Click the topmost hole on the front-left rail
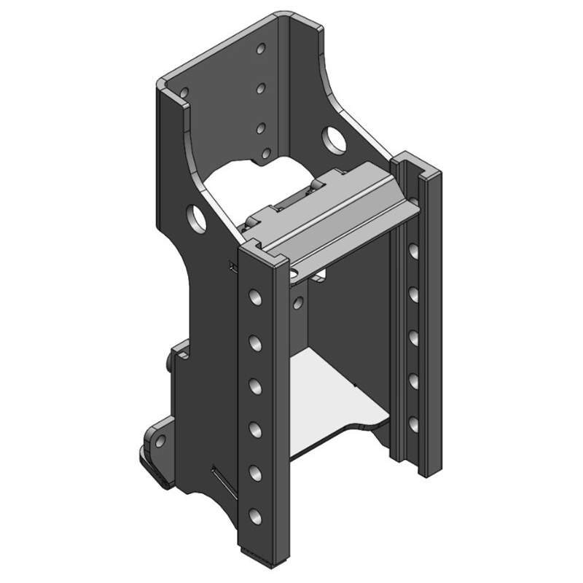255,297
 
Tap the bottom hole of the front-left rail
255,517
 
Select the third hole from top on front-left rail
255,384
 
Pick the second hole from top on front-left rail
255,340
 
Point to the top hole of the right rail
413,251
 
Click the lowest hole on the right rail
413,423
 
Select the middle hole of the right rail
413,337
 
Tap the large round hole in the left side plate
197,216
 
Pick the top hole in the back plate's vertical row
261,50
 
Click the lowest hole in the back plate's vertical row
266,154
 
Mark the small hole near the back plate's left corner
184,93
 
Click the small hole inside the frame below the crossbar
299,302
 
